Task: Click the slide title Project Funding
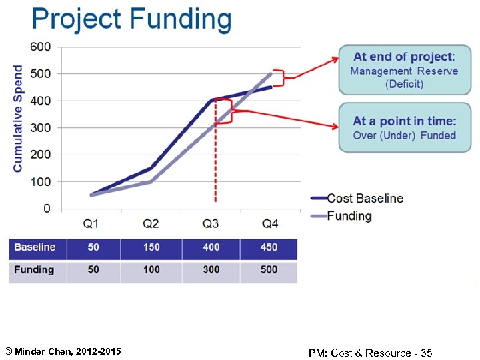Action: [131, 19]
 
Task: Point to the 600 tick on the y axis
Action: [40, 47]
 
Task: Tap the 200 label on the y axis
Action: [40, 154]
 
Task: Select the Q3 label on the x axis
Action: [211, 223]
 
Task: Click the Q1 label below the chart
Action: [93, 223]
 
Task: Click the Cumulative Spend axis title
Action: [18, 119]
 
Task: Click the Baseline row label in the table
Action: [35, 247]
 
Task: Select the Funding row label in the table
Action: [34, 269]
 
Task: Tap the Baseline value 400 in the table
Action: [211, 247]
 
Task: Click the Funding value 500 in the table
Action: [269, 269]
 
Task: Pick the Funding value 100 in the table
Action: [151, 269]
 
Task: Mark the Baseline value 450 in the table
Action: [269, 247]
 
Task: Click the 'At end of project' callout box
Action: [405, 70]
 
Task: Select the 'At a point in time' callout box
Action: [405, 127]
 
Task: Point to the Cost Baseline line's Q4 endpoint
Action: [271, 87]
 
